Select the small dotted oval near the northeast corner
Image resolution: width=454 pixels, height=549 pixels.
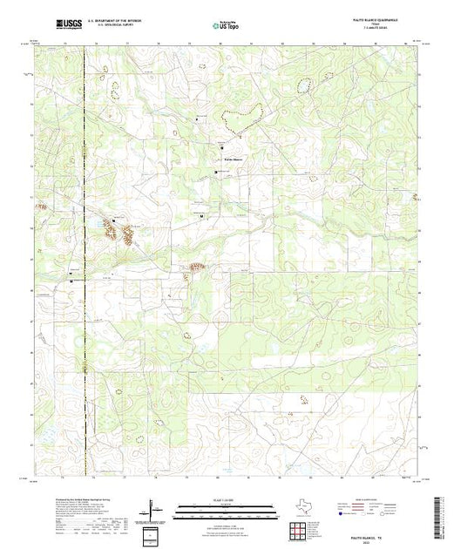pyautogui.click(x=305, y=85)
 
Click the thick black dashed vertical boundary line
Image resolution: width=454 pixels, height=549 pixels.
pyautogui.click(x=85, y=261)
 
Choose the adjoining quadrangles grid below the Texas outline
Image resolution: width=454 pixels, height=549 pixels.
pyautogui.click(x=299, y=525)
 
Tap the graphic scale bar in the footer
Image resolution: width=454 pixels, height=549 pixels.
pyautogui.click(x=226, y=507)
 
